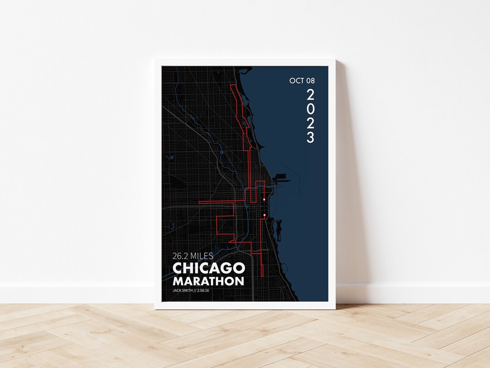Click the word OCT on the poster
tap(296, 81)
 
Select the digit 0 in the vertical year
tap(310, 109)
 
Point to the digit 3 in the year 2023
tap(310, 138)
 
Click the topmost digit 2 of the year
tap(310, 95)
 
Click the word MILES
tap(203, 256)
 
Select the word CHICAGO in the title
tap(209, 269)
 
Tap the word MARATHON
tap(208, 281)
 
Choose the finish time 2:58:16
tap(203, 290)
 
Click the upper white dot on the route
tap(264, 199)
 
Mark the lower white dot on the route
tap(264, 215)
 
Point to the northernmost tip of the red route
tap(234, 85)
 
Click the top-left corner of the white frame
tap(155, 59)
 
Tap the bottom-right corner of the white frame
tap(335, 309)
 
